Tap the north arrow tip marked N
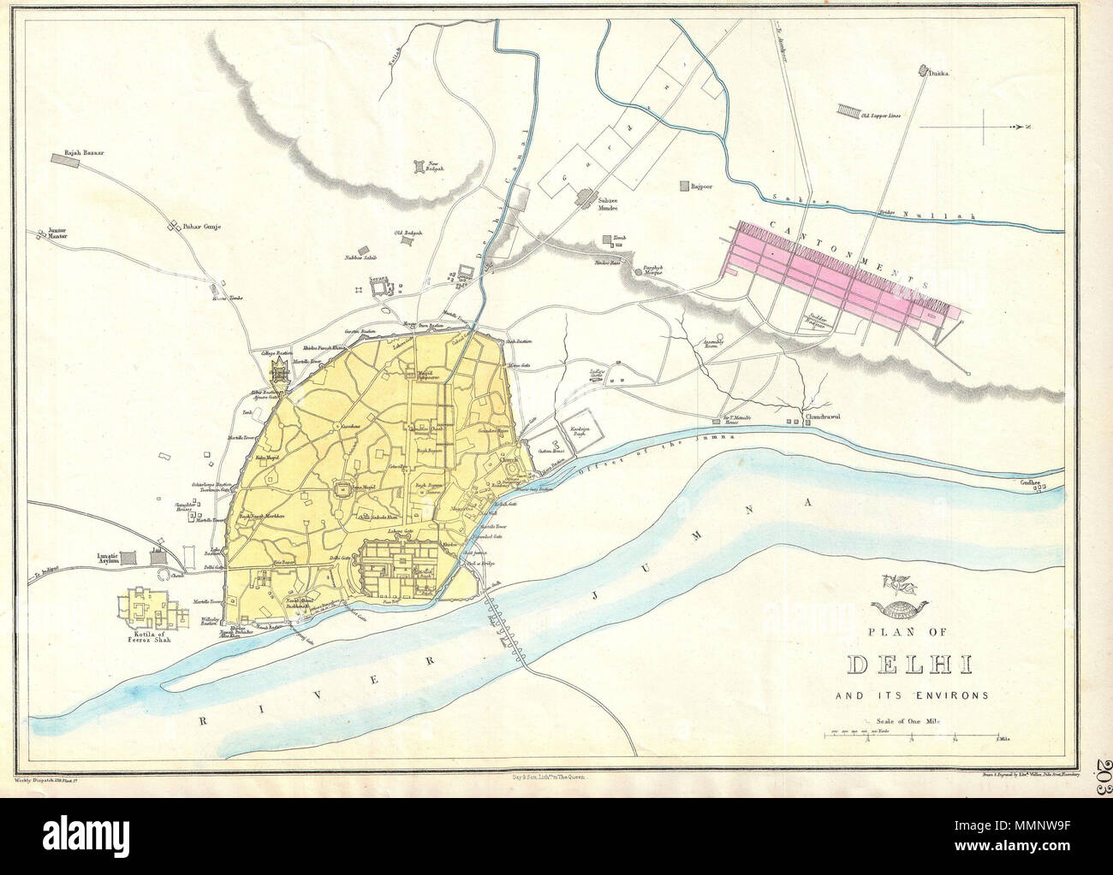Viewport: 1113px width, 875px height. (1027, 127)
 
